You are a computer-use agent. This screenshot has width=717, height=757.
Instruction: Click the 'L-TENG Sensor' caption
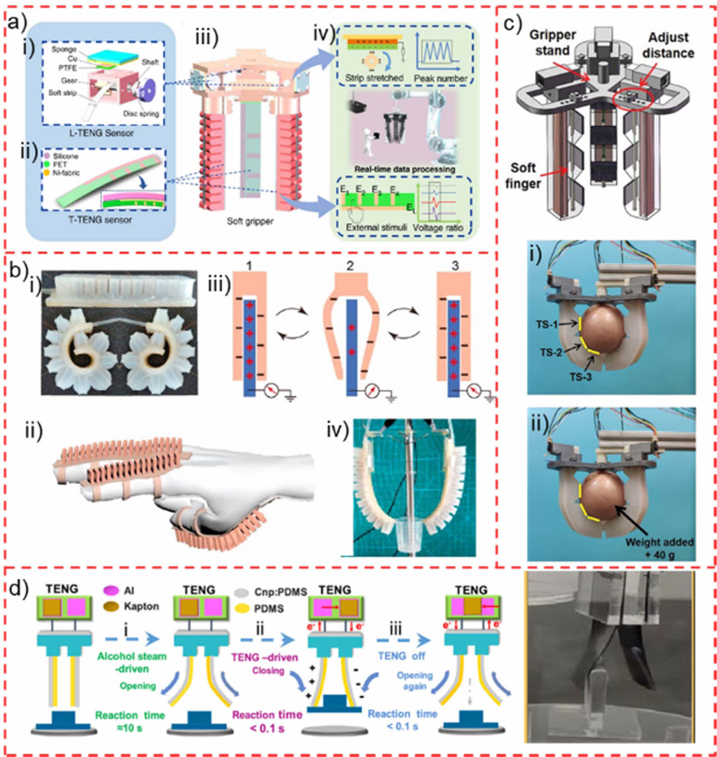[101, 134]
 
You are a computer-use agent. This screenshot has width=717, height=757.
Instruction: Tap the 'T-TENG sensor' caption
[100, 220]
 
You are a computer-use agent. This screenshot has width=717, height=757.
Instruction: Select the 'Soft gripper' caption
[250, 221]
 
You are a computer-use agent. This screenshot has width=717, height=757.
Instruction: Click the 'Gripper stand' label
[552, 42]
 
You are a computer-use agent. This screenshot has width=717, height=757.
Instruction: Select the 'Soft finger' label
[523, 175]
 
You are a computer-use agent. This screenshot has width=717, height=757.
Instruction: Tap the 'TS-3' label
[581, 376]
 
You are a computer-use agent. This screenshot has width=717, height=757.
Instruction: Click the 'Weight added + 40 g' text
[659, 548]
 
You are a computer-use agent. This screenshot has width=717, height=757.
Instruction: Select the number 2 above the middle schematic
[350, 266]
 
